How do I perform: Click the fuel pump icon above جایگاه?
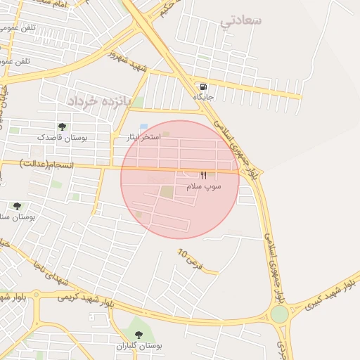pyautogui.click(x=204, y=87)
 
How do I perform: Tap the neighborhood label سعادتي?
pyautogui.click(x=240, y=20)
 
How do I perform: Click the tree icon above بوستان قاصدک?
pyautogui.click(x=63, y=127)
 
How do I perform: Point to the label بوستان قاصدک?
pyautogui.click(x=65, y=138)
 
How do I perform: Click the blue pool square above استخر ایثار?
pyautogui.click(x=143, y=127)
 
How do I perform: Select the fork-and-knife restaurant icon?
pyautogui.click(x=204, y=175)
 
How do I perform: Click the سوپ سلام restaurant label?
pyautogui.click(x=204, y=186)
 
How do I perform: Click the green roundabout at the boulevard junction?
pyautogui.click(x=280, y=314)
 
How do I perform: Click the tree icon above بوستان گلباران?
pyautogui.click(x=137, y=335)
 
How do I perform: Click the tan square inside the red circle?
pyautogui.click(x=166, y=191)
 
